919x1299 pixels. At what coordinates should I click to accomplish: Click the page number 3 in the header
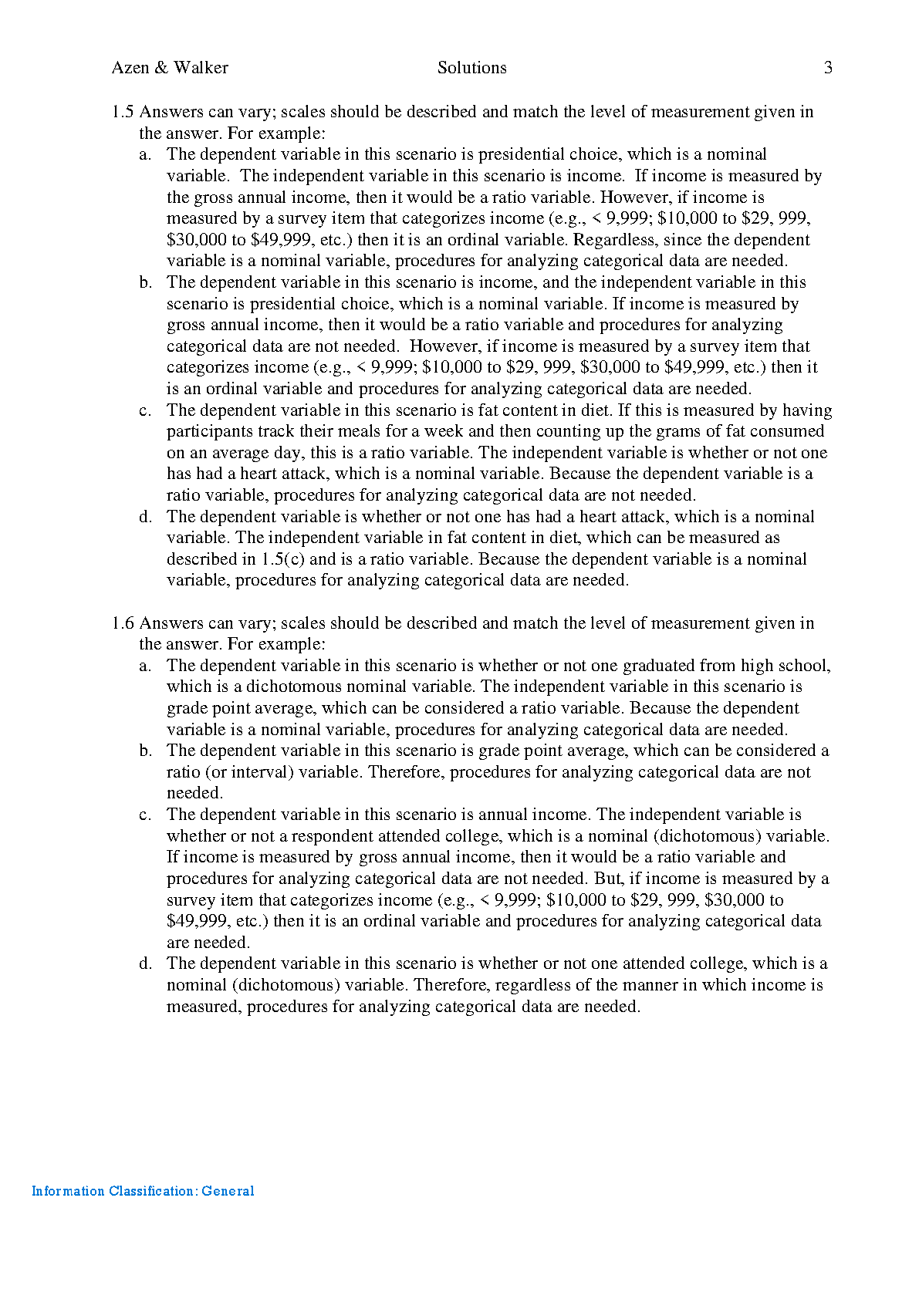coord(828,68)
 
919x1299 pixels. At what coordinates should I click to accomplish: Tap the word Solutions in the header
coord(471,68)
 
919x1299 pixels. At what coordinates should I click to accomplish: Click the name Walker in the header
coord(201,68)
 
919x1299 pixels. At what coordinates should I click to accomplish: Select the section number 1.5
coord(123,112)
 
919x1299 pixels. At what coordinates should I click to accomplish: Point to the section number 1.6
coord(123,623)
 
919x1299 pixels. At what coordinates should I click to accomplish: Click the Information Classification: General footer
coord(143,1191)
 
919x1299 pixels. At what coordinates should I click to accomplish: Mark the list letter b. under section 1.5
coord(146,282)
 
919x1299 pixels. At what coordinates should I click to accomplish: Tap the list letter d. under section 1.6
coord(146,963)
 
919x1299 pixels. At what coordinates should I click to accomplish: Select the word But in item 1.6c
coord(606,879)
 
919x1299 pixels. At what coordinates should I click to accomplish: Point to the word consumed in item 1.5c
coord(789,431)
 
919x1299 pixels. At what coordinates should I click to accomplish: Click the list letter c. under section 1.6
coord(146,815)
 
